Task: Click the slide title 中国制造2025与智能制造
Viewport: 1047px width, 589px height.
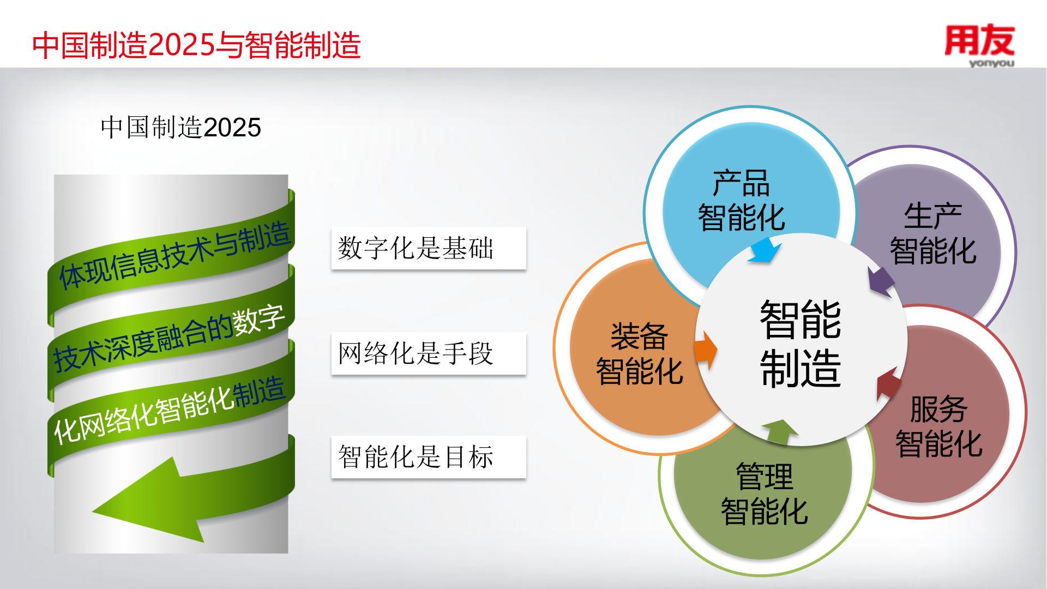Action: [x=196, y=45]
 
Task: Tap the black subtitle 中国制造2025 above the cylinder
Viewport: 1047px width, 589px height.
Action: [x=180, y=128]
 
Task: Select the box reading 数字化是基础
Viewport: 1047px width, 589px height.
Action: [x=429, y=248]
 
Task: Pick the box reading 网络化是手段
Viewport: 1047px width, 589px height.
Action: [x=429, y=353]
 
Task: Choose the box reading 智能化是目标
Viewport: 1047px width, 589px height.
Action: [x=429, y=457]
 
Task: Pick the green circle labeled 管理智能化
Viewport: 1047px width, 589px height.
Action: [x=763, y=496]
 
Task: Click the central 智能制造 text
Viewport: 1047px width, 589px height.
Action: [x=801, y=344]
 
